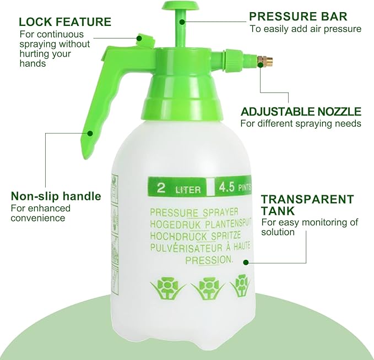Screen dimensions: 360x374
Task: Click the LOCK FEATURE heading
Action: [64, 22]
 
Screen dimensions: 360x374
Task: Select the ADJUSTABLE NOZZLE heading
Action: [300, 112]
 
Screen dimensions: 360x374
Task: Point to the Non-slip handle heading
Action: [56, 196]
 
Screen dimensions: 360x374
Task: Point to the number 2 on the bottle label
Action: [161, 187]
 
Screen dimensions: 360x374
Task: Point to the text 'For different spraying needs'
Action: [301, 124]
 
